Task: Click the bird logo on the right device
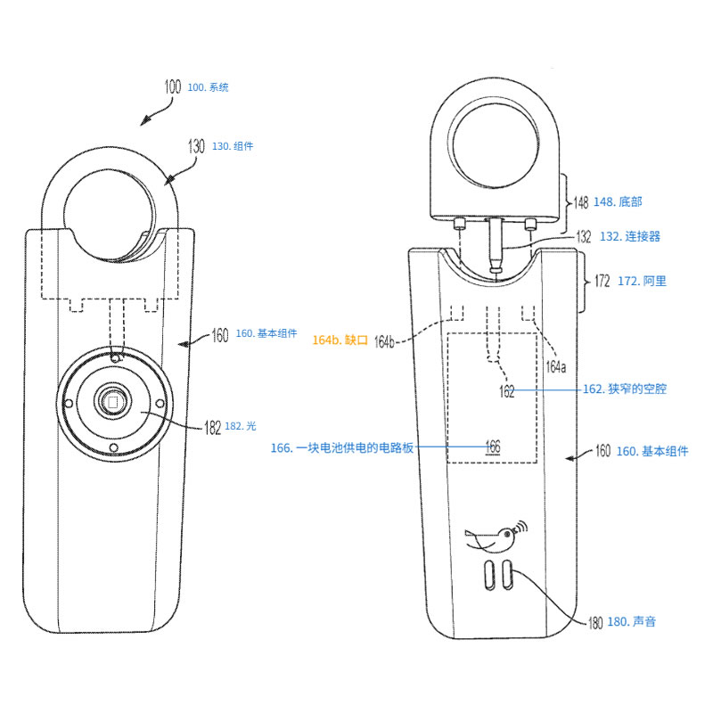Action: coord(492,537)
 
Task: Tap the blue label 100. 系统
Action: coord(208,87)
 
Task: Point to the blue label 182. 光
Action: coord(234,427)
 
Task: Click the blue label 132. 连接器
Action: coord(629,236)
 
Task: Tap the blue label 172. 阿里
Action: coord(642,281)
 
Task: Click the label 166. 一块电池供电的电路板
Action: coord(342,447)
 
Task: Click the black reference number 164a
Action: coord(555,366)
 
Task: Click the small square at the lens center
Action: coord(114,403)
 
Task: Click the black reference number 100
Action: coord(172,87)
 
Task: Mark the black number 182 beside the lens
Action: coord(212,428)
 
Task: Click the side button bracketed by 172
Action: coord(583,283)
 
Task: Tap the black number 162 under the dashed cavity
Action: coord(506,391)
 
